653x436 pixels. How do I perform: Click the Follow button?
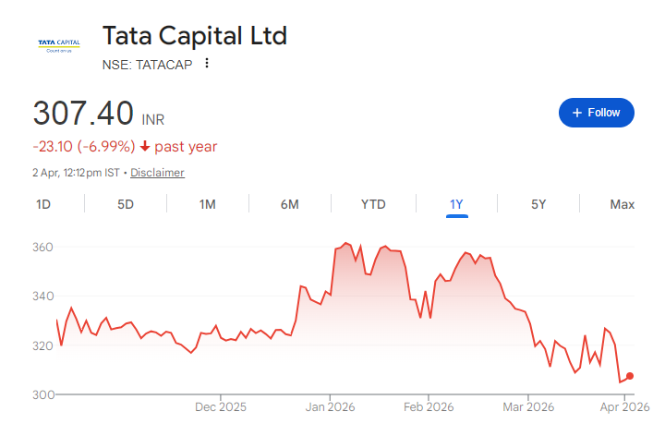(596, 113)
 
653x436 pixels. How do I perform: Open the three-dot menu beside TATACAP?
(207, 64)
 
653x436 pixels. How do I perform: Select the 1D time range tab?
(42, 204)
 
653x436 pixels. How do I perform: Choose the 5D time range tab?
(126, 204)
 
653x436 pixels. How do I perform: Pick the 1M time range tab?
(208, 204)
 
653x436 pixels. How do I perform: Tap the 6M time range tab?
(290, 204)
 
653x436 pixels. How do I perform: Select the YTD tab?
(373, 204)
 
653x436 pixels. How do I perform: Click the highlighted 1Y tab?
(456, 204)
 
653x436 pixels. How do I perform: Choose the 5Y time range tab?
(538, 204)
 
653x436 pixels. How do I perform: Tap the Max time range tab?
(622, 204)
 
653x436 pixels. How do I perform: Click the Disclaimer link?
(157, 173)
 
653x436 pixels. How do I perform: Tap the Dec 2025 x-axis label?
(221, 406)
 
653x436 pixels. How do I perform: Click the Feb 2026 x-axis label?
(429, 406)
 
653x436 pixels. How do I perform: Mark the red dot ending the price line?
(630, 376)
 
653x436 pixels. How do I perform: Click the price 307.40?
(84, 114)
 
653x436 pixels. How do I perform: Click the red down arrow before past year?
(145, 147)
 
